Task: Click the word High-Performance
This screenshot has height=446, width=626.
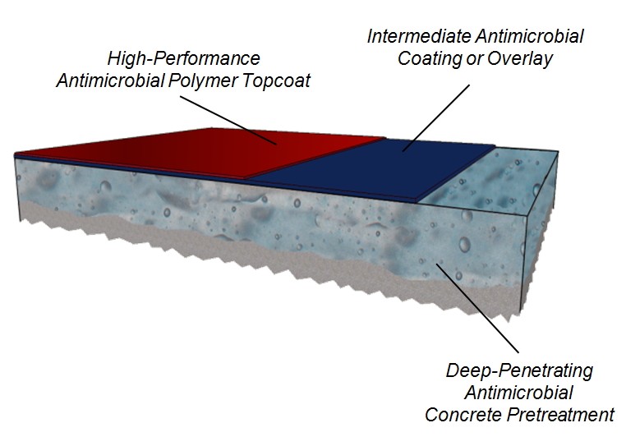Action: [184, 58]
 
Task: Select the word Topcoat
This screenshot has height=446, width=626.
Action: [276, 81]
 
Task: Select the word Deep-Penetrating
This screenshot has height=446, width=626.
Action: [519, 371]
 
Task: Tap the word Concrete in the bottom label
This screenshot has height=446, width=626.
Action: [463, 415]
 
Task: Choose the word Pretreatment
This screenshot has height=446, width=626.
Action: [560, 415]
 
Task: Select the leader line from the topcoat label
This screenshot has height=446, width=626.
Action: [228, 120]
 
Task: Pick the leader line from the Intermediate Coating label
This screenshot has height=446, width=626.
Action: [436, 117]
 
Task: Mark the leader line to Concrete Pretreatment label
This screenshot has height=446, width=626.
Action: [478, 307]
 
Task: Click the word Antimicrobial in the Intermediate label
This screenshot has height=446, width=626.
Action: [529, 36]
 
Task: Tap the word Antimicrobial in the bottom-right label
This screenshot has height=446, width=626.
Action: [519, 393]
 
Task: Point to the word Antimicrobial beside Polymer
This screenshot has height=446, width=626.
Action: [111, 81]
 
